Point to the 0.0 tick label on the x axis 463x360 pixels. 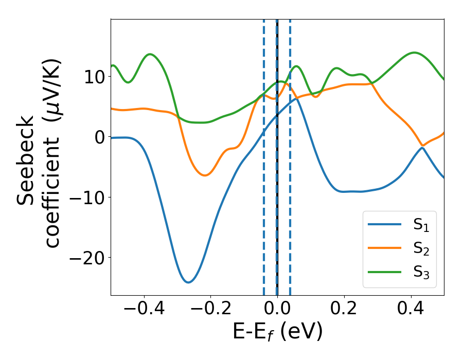(277, 309)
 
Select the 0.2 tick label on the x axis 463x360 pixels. (344, 309)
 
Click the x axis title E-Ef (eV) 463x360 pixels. (277, 332)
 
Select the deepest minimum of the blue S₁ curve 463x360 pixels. (189, 282)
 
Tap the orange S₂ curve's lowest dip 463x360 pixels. (205, 175)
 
